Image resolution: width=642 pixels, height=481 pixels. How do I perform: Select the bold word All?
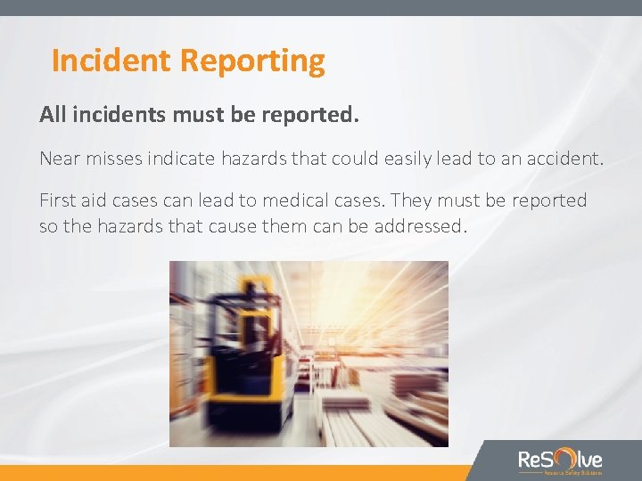(53, 116)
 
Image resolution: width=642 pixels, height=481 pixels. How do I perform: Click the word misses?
(120, 159)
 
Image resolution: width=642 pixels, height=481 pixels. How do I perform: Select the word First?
(60, 200)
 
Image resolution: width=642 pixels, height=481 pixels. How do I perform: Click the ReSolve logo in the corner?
(560, 461)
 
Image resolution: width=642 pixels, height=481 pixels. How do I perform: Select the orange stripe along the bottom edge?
(232, 473)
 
